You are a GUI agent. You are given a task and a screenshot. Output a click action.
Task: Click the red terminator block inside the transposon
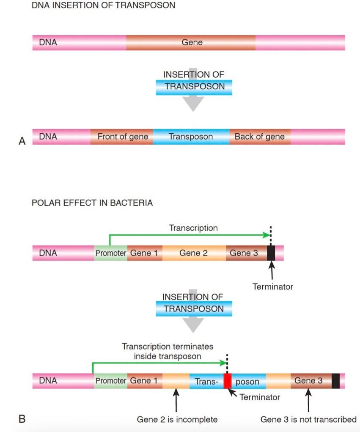tap(228, 381)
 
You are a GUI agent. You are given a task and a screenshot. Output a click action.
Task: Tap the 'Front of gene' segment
tap(122, 137)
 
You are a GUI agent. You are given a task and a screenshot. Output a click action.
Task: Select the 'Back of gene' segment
tap(259, 137)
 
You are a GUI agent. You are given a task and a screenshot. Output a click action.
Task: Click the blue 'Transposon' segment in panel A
tap(191, 137)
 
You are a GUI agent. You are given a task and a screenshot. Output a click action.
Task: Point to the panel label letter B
tap(22, 419)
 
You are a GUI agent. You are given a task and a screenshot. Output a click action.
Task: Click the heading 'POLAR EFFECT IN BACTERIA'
tap(92, 203)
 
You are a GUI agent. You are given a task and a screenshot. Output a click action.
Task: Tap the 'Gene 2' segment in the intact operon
tap(193, 253)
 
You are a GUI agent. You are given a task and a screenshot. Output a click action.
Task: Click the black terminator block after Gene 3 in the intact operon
tap(271, 253)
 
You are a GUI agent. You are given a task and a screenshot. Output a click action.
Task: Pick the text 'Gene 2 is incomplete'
tap(177, 419)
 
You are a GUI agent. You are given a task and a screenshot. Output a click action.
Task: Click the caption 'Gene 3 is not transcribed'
tap(308, 419)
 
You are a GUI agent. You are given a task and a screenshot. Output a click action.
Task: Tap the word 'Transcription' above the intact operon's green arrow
tap(193, 228)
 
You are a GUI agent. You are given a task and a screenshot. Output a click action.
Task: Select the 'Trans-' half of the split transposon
tap(206, 381)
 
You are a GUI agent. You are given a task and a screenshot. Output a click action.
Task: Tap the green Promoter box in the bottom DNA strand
tap(110, 381)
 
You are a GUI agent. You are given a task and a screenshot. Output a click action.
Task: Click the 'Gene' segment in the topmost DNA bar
tap(192, 42)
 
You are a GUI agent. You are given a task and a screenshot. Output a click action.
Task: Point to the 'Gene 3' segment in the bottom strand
tap(308, 381)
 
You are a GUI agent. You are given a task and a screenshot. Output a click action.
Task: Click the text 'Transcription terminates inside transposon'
tap(168, 351)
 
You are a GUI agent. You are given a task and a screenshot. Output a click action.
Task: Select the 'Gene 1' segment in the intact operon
tap(144, 253)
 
